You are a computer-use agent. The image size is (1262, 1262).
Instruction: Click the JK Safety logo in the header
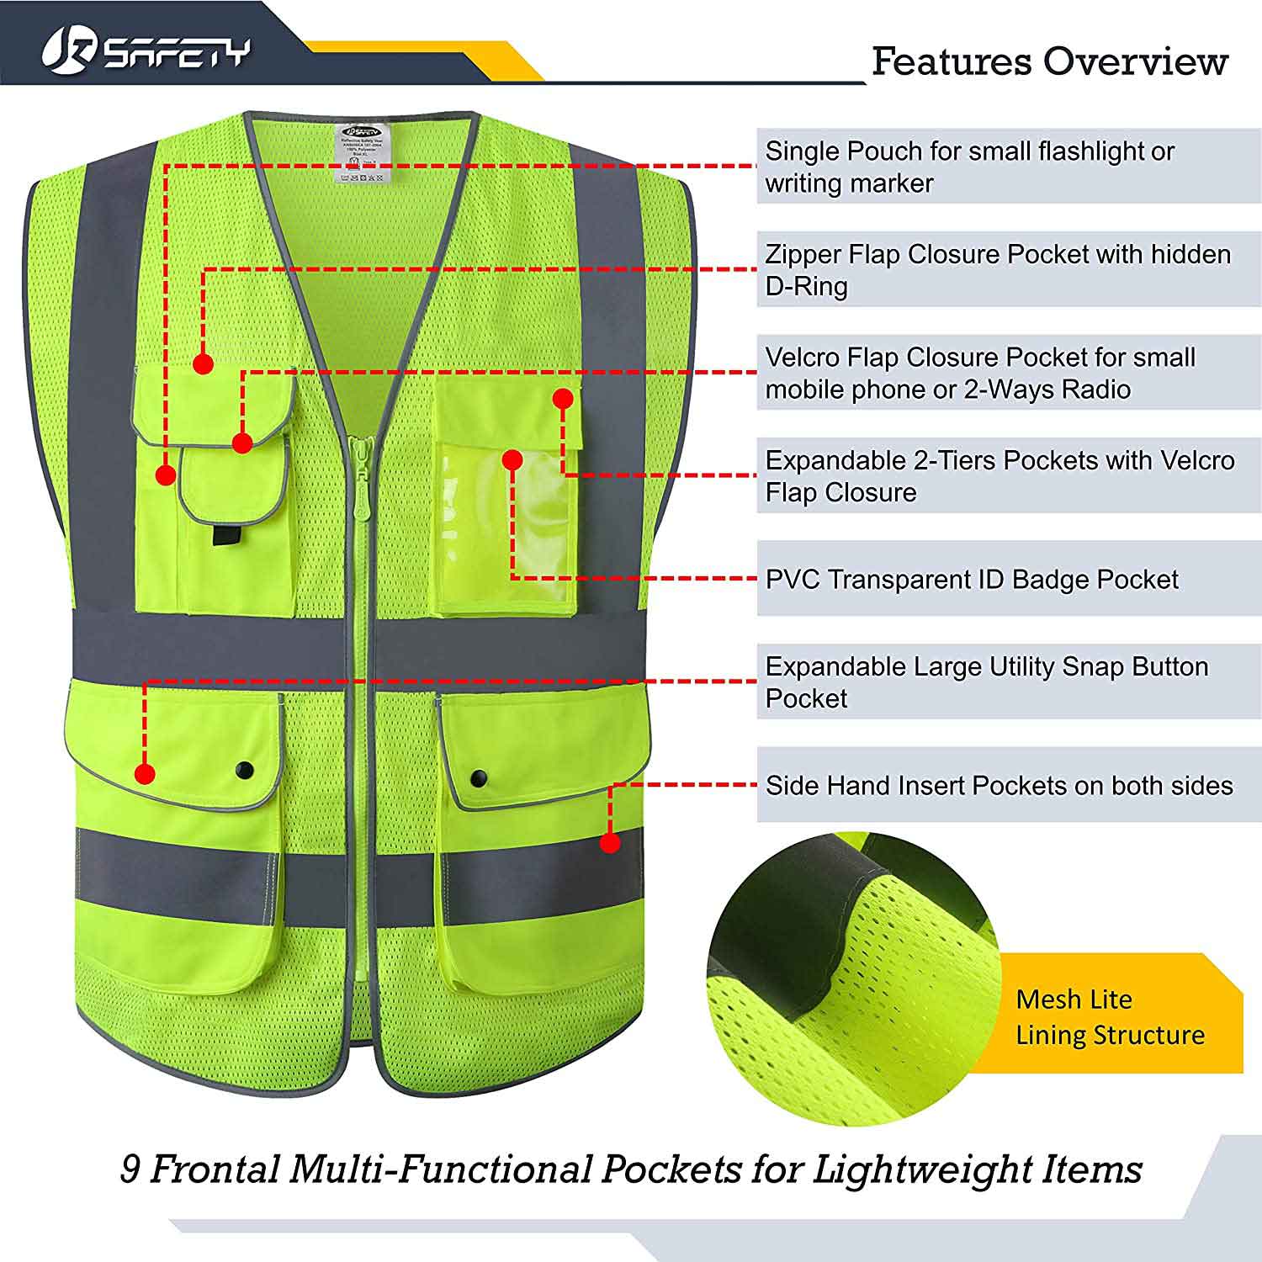[146, 51]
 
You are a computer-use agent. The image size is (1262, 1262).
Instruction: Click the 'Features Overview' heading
[1049, 61]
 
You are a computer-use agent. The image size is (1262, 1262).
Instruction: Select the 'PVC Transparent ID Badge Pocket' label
[972, 580]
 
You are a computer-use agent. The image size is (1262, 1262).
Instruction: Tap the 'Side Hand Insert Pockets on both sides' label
[999, 786]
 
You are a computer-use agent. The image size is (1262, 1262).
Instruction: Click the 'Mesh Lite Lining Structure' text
[1109, 1016]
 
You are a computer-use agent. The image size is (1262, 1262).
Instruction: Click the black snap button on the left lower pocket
[245, 770]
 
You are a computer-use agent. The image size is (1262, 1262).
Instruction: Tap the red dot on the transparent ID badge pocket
[512, 459]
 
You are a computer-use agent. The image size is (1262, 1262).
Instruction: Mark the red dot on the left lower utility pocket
[145, 773]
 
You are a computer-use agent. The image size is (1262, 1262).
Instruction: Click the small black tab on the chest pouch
[225, 535]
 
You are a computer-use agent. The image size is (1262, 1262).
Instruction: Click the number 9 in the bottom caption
[130, 1169]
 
